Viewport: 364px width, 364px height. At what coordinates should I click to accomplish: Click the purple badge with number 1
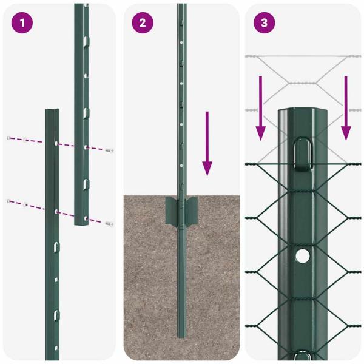22,23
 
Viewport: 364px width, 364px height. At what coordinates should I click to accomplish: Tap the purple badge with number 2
143,23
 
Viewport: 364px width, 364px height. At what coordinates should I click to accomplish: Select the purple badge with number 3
264,23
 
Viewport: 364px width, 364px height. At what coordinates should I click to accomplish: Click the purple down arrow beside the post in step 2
207,143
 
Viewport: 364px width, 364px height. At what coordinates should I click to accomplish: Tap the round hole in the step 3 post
302,256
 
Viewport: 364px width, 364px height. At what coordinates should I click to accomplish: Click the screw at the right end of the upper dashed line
110,150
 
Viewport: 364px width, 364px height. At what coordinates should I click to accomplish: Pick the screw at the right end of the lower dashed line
110,224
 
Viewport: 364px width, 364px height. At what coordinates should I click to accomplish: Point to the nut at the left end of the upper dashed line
8,138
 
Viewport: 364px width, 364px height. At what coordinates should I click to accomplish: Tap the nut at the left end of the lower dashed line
8,201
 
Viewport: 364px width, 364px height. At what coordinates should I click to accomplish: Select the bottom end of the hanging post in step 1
82,223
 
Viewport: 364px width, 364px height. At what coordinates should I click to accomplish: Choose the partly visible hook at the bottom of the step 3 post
302,356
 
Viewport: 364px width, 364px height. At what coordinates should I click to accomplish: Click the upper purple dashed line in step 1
36,140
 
